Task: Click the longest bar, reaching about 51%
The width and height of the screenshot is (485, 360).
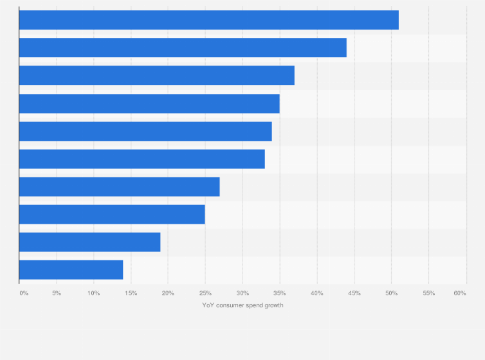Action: click(x=209, y=20)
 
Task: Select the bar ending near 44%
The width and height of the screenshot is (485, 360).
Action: click(x=183, y=48)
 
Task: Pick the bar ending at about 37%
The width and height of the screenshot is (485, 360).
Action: click(x=157, y=75)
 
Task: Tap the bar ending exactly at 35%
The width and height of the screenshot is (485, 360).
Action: click(x=149, y=104)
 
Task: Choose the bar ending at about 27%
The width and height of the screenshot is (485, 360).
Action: click(x=120, y=186)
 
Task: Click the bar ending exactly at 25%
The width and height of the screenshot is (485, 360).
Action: click(x=112, y=214)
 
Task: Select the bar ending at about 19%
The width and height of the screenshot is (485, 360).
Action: click(x=90, y=242)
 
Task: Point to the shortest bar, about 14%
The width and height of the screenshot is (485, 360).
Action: click(x=71, y=269)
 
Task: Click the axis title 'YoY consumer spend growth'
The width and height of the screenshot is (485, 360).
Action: click(x=243, y=305)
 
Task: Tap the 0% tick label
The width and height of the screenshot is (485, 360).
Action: click(x=24, y=293)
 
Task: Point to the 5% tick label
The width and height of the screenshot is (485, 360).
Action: click(x=57, y=293)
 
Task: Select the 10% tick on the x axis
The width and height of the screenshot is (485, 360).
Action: click(x=93, y=293)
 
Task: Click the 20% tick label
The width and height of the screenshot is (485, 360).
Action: click(x=168, y=293)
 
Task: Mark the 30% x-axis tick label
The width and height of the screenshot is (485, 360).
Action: click(x=243, y=293)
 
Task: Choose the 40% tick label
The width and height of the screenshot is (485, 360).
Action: click(x=316, y=293)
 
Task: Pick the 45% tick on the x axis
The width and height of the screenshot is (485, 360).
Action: click(x=354, y=293)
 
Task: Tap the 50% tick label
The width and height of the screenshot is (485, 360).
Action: click(x=391, y=293)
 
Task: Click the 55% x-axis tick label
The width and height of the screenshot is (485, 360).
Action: click(x=428, y=293)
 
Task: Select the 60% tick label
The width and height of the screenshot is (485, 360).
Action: click(x=459, y=293)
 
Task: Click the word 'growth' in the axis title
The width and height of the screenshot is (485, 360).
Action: click(x=273, y=305)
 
